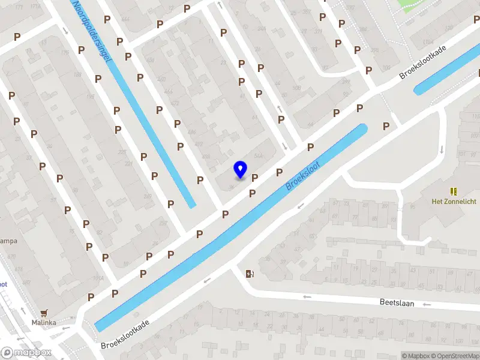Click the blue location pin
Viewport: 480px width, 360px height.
[240, 169]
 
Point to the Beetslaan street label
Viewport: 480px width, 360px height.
[397, 303]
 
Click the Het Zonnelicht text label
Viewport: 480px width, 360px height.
[454, 202]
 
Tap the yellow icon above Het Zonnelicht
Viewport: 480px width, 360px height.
[454, 191]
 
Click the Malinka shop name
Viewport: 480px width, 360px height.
[44, 323]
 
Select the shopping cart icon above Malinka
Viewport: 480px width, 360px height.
[44, 313]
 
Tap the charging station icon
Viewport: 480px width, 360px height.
[250, 274]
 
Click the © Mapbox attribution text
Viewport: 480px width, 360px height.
[416, 356]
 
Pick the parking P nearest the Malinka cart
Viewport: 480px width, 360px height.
[91, 297]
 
